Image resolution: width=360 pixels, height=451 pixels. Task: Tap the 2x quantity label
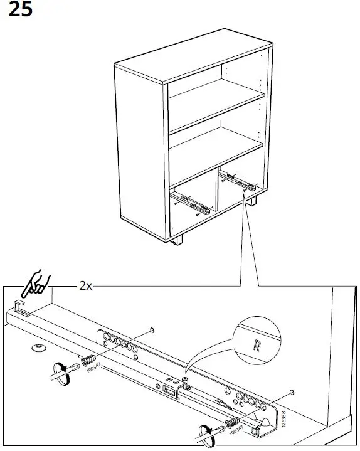tap(86, 285)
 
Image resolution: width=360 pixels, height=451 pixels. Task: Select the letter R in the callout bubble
tap(255, 345)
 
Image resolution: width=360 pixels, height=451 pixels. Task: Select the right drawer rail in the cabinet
tap(240, 183)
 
